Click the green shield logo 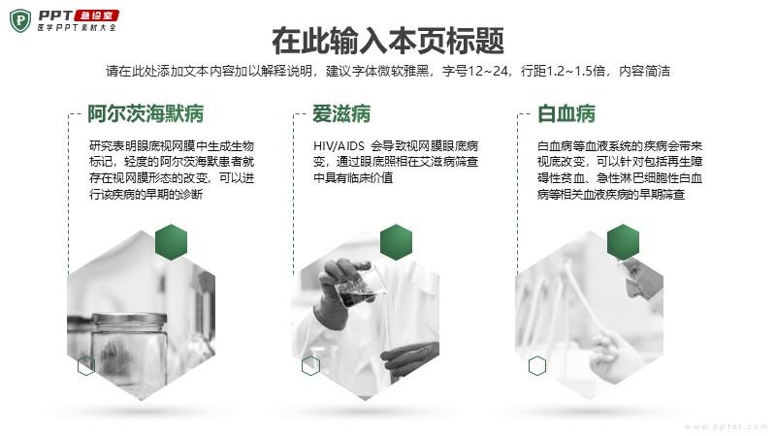[20, 20]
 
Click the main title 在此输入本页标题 [388, 41]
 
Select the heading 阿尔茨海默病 [145, 113]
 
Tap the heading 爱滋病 [341, 113]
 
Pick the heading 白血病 [566, 113]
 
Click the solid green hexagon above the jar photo [172, 242]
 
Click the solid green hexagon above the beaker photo [396, 242]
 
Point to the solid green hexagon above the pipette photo [623, 242]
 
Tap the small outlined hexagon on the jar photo [86, 366]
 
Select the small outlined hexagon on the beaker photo [310, 366]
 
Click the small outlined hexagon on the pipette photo [537, 366]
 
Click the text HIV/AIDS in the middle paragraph [339, 146]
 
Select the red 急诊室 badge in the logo [96, 16]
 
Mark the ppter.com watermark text [727, 426]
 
